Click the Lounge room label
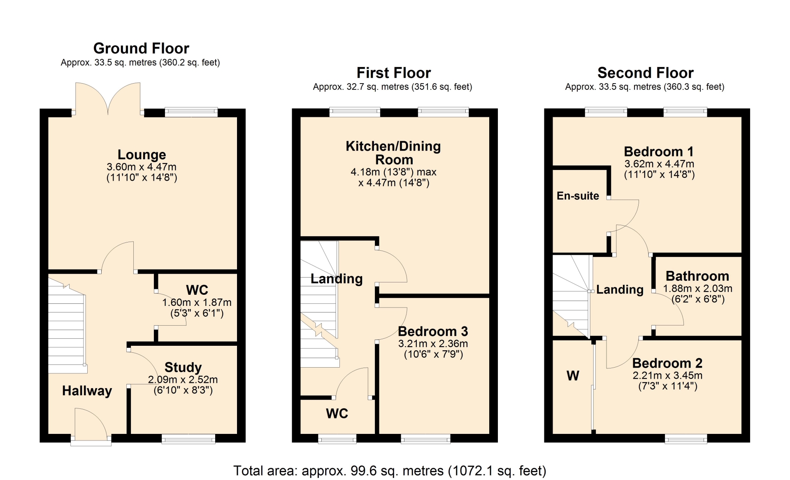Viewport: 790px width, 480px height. [142, 155]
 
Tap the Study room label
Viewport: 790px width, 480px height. [183, 367]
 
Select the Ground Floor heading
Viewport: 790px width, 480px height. [141, 49]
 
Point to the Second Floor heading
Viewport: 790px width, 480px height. [645, 73]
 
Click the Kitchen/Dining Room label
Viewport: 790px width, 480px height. [393, 153]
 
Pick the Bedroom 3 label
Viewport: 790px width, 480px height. [433, 331]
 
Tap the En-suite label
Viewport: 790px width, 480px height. [578, 196]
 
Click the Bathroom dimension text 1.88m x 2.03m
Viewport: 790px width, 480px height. [698, 289]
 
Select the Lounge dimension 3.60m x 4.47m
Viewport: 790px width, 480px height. [142, 167]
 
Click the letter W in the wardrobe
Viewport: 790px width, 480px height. [573, 375]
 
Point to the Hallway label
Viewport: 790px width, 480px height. [87, 391]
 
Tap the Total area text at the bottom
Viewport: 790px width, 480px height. [390, 471]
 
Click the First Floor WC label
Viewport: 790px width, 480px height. [337, 413]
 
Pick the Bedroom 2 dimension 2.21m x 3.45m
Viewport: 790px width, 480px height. [667, 375]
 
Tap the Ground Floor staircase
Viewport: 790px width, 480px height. [67, 326]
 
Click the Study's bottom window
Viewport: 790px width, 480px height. [188, 439]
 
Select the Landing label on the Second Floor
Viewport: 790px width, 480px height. [620, 290]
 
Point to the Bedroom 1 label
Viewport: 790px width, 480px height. [659, 151]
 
